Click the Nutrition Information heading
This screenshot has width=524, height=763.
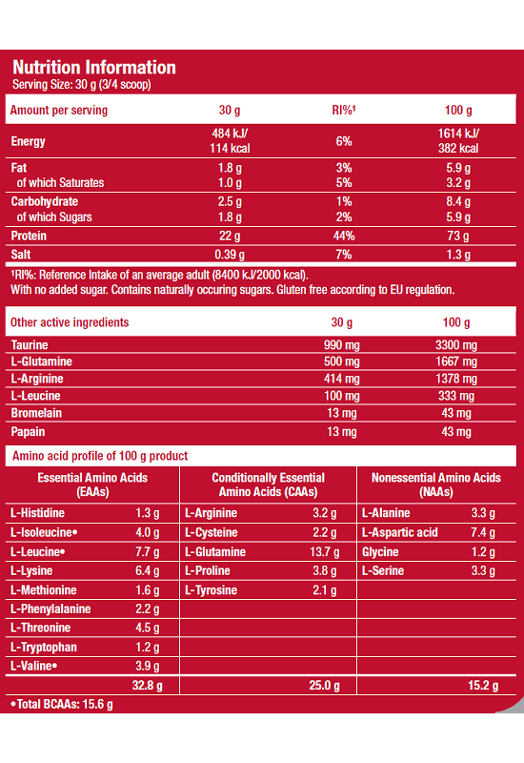coord(93,67)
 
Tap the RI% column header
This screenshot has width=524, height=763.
coord(344,110)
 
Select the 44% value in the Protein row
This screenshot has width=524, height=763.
coord(344,236)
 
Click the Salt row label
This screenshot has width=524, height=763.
coord(21,254)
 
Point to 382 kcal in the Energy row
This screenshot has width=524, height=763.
coord(458,149)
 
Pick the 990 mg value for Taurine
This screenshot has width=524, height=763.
coord(342,345)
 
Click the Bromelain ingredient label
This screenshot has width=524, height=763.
coord(36,413)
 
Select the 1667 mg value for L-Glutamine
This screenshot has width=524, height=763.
coord(456,361)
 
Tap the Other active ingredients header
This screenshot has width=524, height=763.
coord(70,322)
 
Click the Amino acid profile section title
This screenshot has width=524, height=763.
coord(100,456)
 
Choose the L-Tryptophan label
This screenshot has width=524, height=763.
coord(44,648)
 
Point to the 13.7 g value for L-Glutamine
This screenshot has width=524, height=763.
coord(325,552)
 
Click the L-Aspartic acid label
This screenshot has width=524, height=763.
coord(399,532)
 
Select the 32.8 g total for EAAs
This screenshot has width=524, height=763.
coord(148,686)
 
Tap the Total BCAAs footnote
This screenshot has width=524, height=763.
coord(62,704)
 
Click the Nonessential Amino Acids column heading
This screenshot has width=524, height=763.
coord(436,485)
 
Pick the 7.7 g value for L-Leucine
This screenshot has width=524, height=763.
coord(148,552)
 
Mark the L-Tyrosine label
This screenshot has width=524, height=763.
coord(211,590)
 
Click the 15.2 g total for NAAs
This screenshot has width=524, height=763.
coord(483,686)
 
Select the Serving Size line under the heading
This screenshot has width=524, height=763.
coord(82,85)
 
